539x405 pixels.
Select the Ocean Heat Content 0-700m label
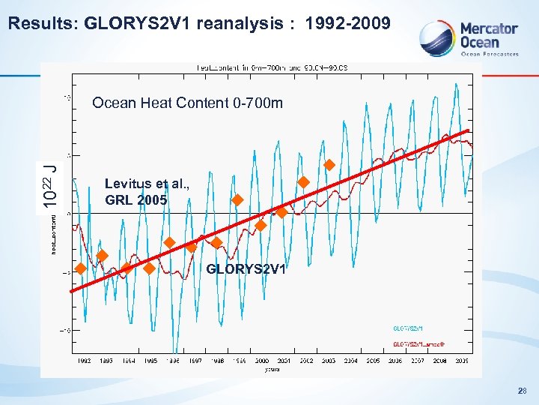[x=187, y=103]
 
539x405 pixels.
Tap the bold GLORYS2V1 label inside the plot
[x=246, y=268]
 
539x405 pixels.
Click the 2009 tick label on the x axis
[x=462, y=360]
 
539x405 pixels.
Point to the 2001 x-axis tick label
[x=284, y=360]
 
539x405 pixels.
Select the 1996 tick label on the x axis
[x=172, y=360]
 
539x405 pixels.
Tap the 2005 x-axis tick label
[x=373, y=360]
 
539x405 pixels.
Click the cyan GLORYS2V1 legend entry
[x=408, y=328]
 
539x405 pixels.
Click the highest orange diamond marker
[x=329, y=165]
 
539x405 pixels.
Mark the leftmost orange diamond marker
[x=79, y=268]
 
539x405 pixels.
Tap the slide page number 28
[x=521, y=390]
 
